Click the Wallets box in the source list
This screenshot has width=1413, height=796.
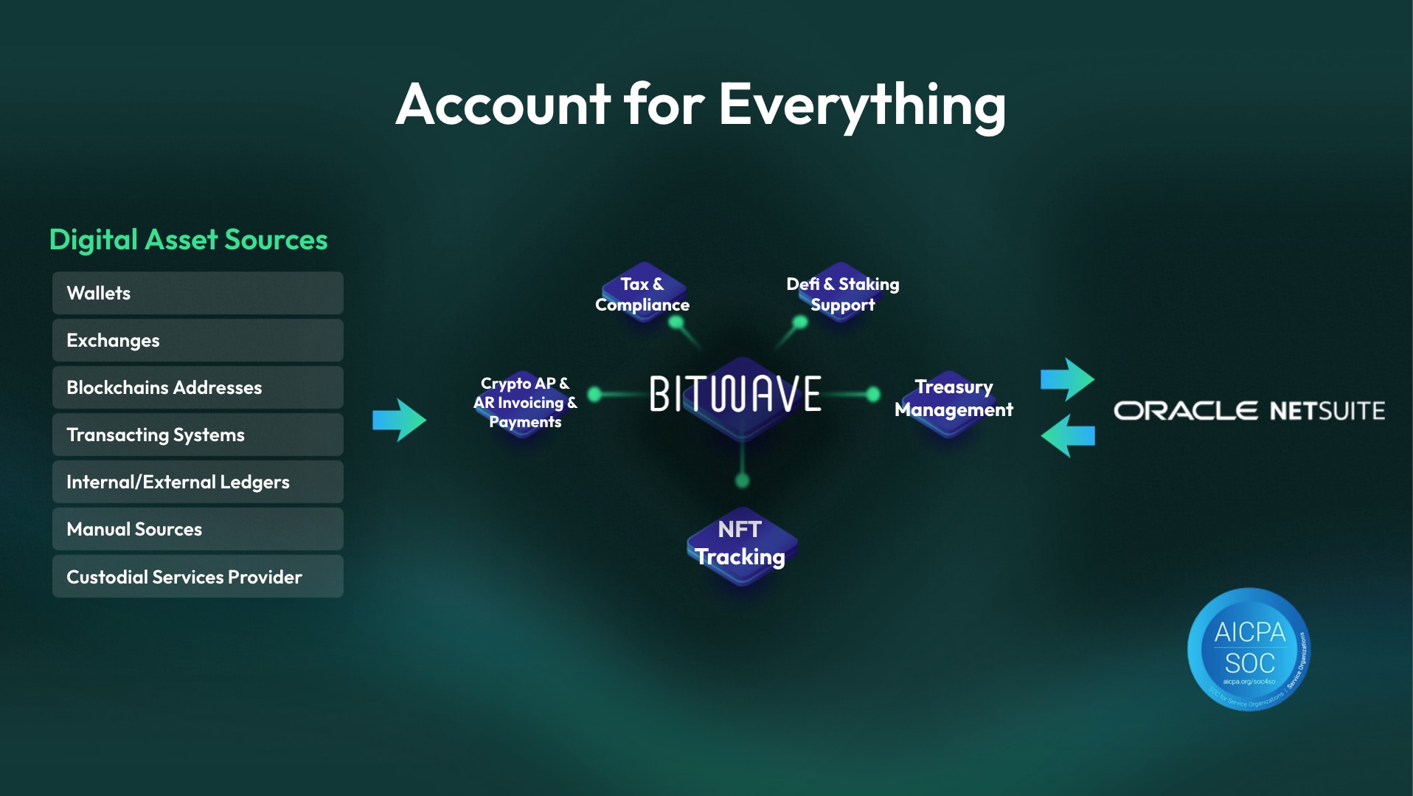click(197, 293)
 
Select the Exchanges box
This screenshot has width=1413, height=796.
click(197, 340)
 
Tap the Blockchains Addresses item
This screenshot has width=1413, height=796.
click(197, 387)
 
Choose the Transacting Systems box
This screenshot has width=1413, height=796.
click(197, 435)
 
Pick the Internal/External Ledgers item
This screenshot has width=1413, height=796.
click(197, 482)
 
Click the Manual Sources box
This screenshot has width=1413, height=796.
click(197, 529)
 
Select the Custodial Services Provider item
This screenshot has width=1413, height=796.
click(197, 576)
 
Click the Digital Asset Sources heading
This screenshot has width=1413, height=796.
click(188, 240)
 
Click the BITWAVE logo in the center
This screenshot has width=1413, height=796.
click(735, 394)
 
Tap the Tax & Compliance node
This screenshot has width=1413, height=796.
click(642, 294)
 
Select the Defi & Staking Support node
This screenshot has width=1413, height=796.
click(842, 294)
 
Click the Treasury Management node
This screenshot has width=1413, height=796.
click(953, 398)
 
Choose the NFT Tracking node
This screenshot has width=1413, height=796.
click(740, 544)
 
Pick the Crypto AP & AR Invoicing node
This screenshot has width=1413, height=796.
click(524, 403)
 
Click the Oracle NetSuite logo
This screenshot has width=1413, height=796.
click(1249, 411)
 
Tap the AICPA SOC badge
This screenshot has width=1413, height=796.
click(1249, 649)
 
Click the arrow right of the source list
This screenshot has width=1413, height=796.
click(399, 420)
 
